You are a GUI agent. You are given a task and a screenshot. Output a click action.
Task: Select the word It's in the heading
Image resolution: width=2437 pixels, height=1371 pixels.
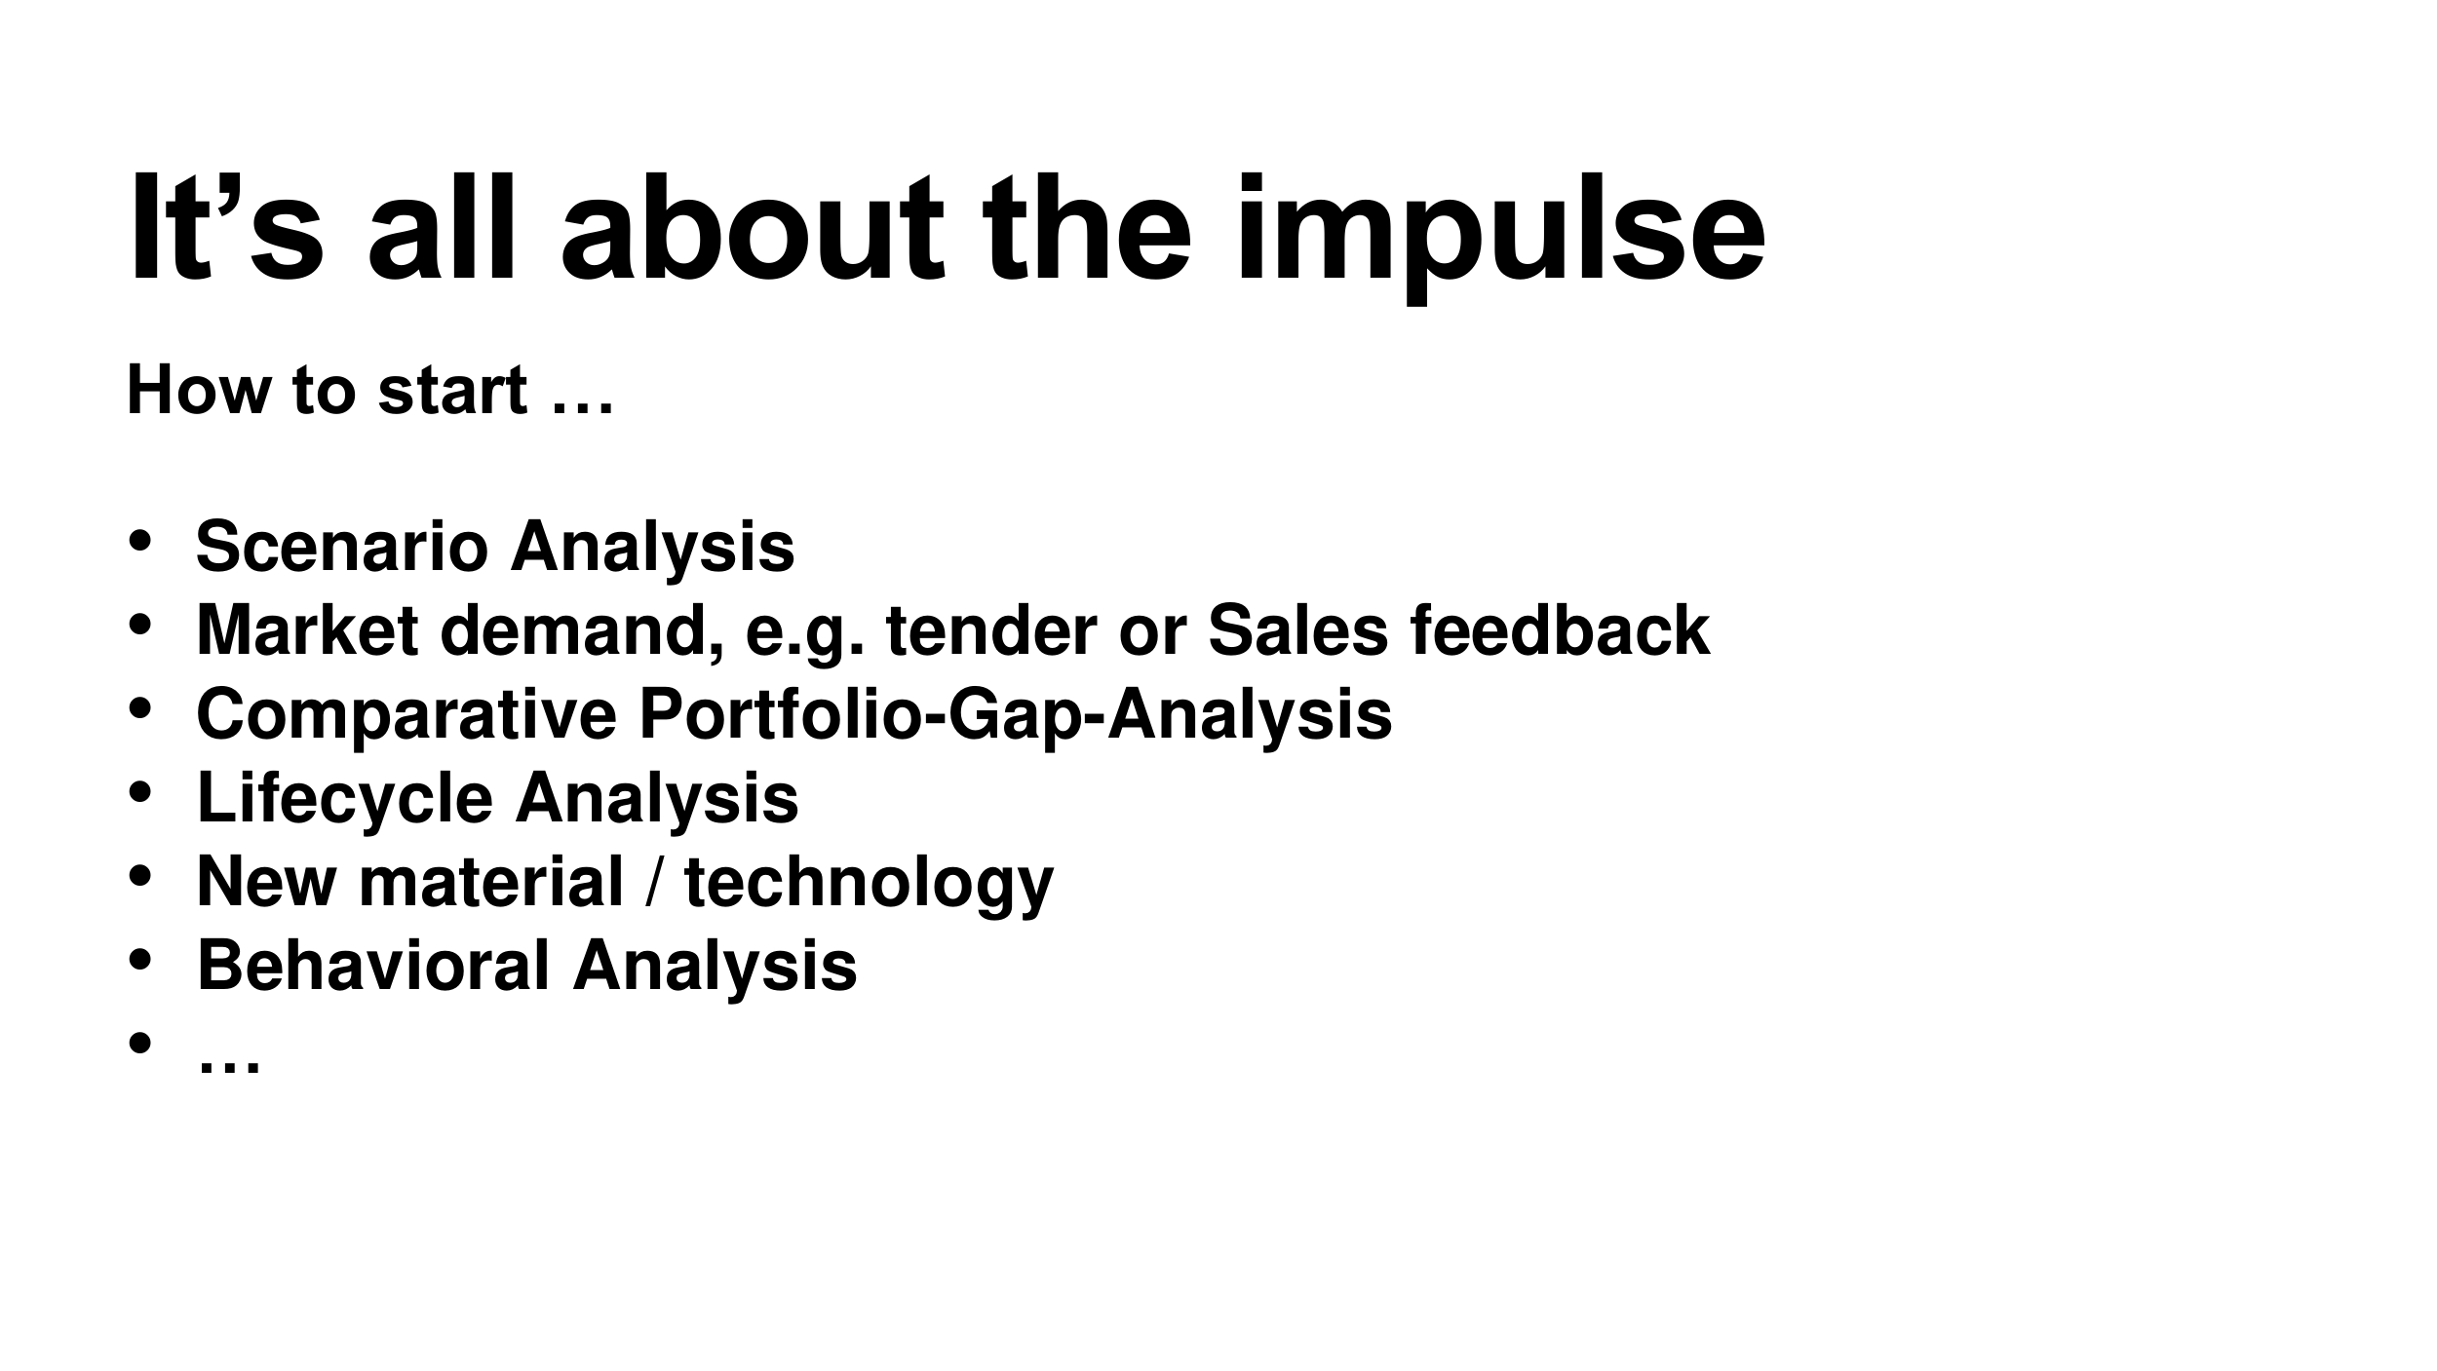tap(225, 229)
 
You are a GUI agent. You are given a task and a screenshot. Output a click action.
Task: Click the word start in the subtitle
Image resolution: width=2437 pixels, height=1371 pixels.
tap(452, 391)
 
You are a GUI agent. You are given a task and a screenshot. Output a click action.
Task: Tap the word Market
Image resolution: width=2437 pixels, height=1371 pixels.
tap(307, 630)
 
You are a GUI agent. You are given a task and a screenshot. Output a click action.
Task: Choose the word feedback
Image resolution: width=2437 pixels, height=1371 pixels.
tap(1560, 630)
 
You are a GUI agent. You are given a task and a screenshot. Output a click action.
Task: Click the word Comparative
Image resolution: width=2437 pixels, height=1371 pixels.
tap(406, 714)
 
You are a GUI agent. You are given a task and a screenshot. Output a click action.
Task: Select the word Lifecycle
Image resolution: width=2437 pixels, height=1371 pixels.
tap(345, 798)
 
